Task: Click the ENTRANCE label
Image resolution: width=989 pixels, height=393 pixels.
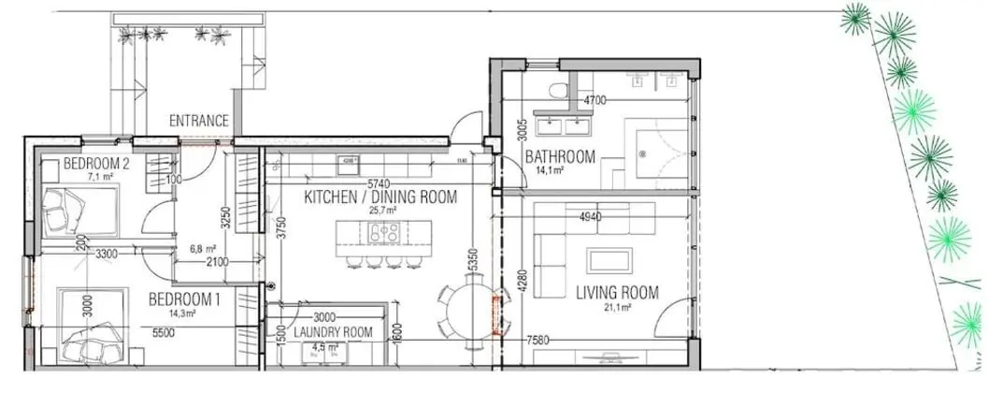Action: (198, 121)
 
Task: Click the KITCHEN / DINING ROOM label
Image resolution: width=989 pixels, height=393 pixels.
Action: (380, 197)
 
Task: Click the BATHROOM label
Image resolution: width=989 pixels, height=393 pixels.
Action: (560, 156)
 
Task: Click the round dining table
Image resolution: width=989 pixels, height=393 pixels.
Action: (464, 310)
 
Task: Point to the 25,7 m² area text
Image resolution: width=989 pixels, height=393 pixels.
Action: (380, 211)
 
